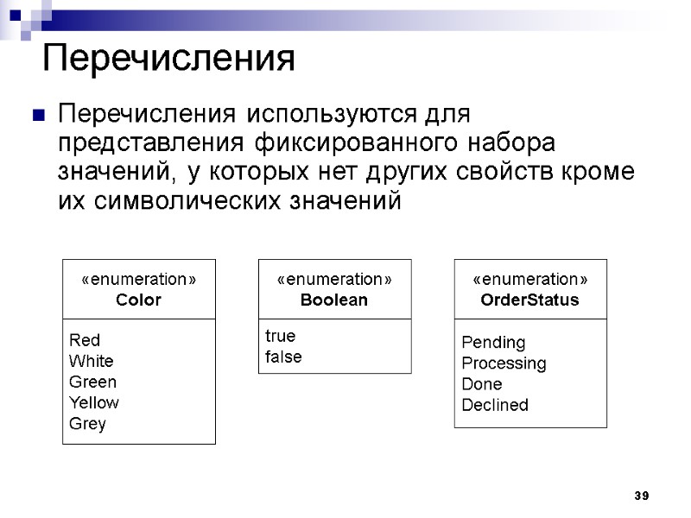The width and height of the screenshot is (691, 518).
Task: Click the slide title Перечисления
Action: tap(169, 59)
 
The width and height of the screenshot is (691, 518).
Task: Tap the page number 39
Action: tap(641, 496)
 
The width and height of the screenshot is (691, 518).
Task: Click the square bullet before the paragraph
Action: tap(37, 115)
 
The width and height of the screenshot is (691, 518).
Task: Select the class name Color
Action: tap(138, 300)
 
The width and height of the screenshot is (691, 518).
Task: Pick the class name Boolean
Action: tap(334, 300)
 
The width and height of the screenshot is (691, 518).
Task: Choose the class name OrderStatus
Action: tap(529, 300)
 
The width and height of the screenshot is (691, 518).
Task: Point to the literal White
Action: tap(91, 361)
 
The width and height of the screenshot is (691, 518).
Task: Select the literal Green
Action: tap(92, 382)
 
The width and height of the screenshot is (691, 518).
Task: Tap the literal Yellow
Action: tap(94, 402)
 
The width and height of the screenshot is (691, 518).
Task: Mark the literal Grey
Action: tap(87, 424)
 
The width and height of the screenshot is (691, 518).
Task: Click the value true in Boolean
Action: tap(279, 336)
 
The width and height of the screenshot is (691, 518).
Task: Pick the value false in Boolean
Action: tap(283, 357)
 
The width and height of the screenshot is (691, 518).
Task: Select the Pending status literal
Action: tap(493, 343)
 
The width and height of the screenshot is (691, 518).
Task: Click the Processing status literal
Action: tap(504, 363)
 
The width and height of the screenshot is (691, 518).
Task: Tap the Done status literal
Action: tap(482, 384)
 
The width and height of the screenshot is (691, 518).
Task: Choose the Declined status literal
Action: tap(495, 405)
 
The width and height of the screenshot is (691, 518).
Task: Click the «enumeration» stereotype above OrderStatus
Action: tap(529, 280)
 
